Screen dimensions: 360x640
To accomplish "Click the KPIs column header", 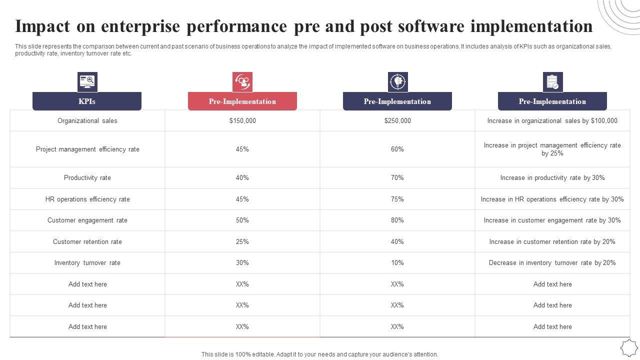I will click(x=87, y=101).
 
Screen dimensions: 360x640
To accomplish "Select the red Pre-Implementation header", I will click(x=242, y=101).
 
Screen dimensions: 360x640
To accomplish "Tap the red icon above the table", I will click(x=242, y=82).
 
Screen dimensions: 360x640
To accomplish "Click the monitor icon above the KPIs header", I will click(x=87, y=82).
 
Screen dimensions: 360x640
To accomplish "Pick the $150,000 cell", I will click(x=242, y=120).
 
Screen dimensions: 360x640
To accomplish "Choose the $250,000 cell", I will click(x=397, y=120).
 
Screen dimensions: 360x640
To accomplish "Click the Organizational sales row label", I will click(x=87, y=120).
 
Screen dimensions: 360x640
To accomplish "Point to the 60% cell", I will click(x=397, y=149).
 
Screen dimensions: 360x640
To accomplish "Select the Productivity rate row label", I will click(x=87, y=177).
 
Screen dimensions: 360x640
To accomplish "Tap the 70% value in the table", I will click(x=397, y=177).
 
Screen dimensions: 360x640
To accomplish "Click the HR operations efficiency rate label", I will click(x=87, y=199).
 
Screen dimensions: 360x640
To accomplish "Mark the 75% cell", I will click(x=397, y=199).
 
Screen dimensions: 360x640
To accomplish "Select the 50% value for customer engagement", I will click(x=242, y=220).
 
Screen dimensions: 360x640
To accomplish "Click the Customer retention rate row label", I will click(x=87, y=241).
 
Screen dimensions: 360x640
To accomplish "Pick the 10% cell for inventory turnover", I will click(x=397, y=262).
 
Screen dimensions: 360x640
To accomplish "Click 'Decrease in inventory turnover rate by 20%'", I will click(x=552, y=262).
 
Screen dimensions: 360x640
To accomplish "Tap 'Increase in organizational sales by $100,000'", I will click(x=552, y=120).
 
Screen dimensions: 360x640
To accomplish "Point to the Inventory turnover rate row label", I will click(x=87, y=262).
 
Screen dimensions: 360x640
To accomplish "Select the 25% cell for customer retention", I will click(x=242, y=241).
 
